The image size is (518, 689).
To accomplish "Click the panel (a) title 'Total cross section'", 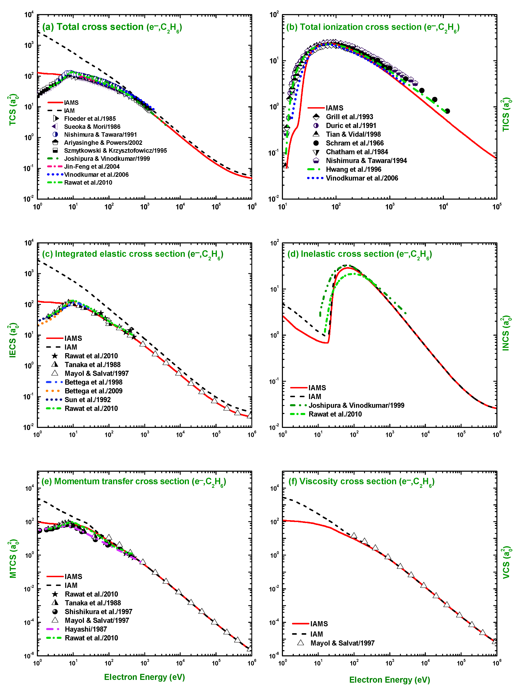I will point(112,27).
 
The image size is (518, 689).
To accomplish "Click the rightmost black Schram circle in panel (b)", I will point(447,111).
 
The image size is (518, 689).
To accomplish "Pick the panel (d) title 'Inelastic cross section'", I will point(359,254).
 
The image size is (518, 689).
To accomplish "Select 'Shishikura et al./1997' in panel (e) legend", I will point(98,611).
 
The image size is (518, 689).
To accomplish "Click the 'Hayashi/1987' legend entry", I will point(86,629).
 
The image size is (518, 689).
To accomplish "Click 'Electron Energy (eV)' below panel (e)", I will point(144,677).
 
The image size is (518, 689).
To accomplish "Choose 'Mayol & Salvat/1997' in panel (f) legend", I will point(342,643).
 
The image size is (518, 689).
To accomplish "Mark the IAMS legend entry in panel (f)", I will point(319,624).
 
